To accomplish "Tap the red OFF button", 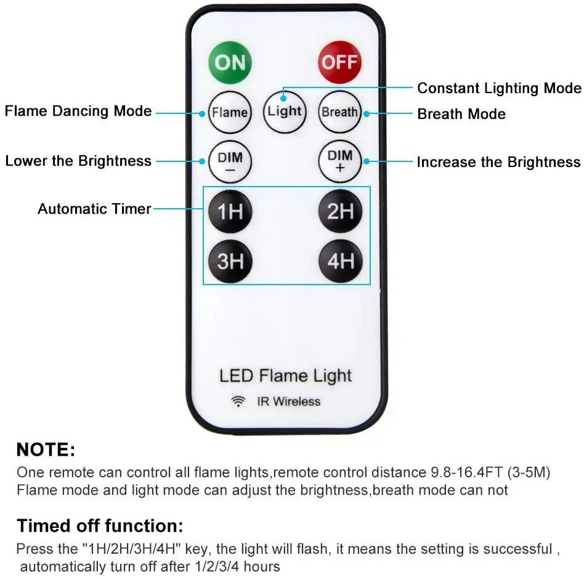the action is coord(339,62).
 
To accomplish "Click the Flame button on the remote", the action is coord(230,112).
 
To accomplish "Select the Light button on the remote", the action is coord(285,111).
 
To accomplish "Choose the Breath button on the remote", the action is coord(339,111).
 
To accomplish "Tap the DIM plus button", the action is coord(339,161).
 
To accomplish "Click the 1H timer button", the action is coord(230,211).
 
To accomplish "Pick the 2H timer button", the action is coord(340,211).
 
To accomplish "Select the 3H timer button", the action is coord(230,261).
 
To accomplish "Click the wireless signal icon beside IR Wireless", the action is coord(238,402).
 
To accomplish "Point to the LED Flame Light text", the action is coord(285,376).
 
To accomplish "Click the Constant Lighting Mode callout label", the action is coord(499,88).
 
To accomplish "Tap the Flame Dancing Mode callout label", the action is coord(78,111).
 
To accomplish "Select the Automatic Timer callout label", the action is coord(94,209).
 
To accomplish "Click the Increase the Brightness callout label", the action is coord(499,162).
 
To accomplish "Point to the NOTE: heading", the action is coord(46,450).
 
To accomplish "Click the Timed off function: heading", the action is coord(100,526).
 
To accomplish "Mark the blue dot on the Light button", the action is coord(283,99).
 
